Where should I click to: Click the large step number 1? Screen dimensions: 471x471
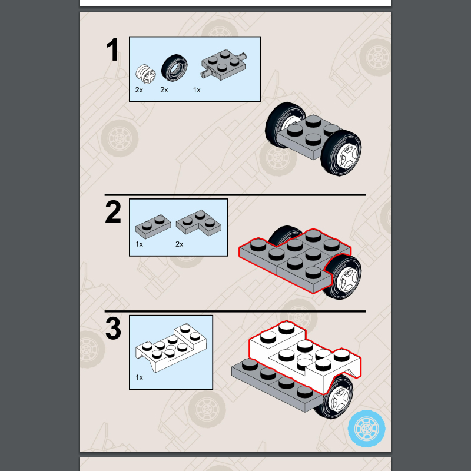(113, 49)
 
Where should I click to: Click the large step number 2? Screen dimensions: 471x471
(113, 212)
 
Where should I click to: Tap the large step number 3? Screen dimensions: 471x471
(113, 329)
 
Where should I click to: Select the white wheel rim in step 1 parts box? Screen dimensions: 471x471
(145, 74)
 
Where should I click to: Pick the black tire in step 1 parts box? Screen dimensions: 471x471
(174, 68)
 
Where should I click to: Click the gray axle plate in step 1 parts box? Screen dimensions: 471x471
(223, 65)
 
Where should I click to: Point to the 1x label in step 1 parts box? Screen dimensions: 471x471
(197, 90)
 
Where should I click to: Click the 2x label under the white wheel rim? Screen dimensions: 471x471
(139, 90)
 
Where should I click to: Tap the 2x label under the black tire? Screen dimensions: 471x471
(164, 90)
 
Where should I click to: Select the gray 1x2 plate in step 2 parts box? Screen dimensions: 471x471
(153, 226)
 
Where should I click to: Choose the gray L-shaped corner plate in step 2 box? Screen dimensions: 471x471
(198, 222)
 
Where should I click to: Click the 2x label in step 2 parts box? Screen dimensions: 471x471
(180, 244)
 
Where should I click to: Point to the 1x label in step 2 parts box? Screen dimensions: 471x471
(139, 244)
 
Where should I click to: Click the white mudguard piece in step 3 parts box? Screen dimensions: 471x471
(171, 348)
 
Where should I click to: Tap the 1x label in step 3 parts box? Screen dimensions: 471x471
(139, 377)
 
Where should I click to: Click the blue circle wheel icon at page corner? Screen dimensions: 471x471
(366, 429)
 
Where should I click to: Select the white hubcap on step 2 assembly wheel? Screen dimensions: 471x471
(347, 280)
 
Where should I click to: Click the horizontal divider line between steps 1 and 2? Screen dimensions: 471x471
(235, 195)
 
